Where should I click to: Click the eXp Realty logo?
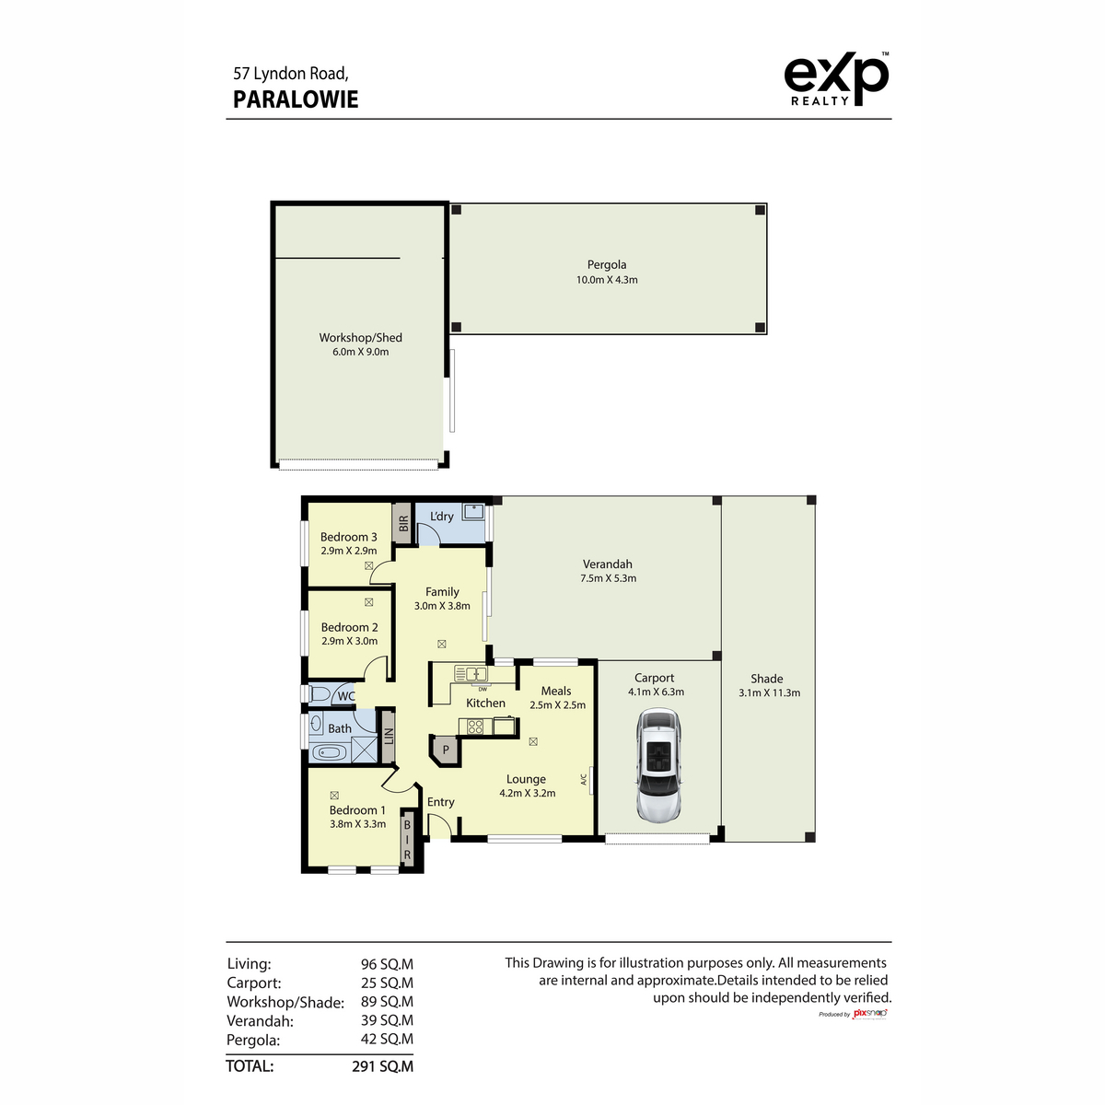[835, 79]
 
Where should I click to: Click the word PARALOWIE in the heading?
[296, 99]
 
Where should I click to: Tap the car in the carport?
[658, 765]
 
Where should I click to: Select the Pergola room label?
[607, 264]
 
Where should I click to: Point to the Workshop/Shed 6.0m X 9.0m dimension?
[360, 352]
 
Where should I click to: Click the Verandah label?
[607, 564]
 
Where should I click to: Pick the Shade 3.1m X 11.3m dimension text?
[769, 692]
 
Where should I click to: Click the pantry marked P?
[446, 750]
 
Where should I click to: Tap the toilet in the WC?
[320, 694]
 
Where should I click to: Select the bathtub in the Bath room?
[329, 752]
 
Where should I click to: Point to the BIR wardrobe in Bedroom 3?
[402, 524]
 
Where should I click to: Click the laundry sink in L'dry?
[473, 511]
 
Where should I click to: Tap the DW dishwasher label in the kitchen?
[483, 689]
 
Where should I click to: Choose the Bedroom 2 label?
[349, 627]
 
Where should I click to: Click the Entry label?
[440, 802]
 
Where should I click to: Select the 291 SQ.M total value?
[382, 1066]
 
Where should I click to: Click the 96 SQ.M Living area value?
[387, 964]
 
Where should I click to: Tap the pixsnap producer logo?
[868, 1014]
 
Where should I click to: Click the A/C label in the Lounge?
[583, 780]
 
